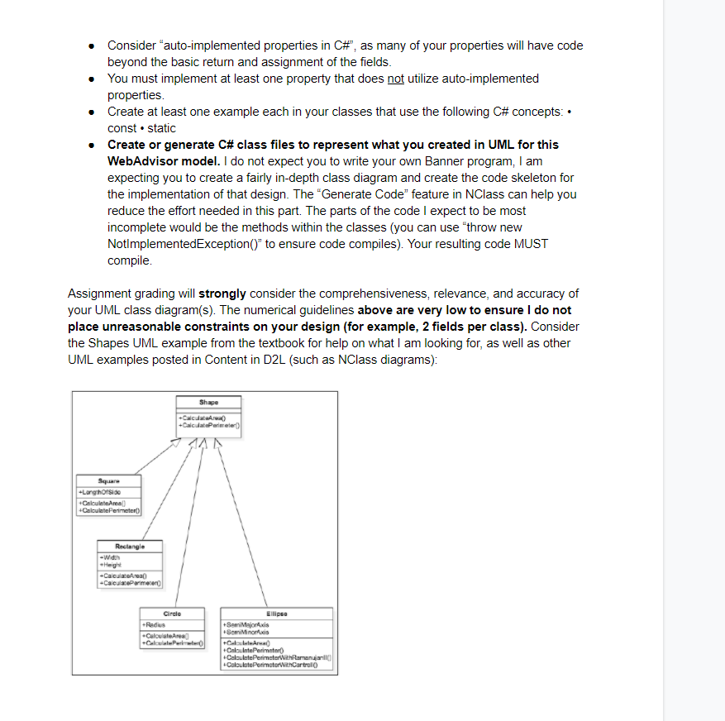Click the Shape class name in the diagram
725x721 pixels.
pos(208,403)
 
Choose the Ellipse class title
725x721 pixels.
pos(276,614)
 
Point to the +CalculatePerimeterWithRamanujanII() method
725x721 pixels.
pos(276,660)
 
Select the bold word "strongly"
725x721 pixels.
pos(222,294)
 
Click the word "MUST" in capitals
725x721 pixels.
pos(532,244)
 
